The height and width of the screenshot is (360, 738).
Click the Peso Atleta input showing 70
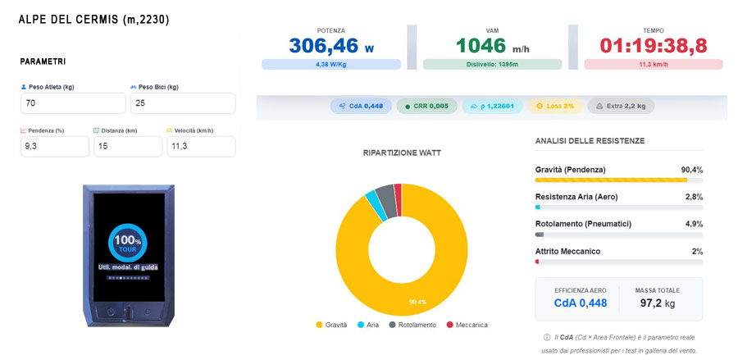coord(73,103)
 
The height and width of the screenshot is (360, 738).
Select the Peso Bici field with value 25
coord(183,103)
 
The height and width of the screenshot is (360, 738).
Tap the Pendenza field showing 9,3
coord(55,146)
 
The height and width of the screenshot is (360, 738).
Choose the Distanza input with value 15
coord(128,146)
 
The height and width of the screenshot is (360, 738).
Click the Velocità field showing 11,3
coord(201,146)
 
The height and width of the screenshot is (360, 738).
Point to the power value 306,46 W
coord(331,46)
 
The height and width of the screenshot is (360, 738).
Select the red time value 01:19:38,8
coord(654,46)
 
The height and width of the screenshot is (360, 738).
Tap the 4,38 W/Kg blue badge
coord(331,65)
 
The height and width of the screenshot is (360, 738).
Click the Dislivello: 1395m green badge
coord(492,65)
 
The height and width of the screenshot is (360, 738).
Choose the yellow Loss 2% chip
coord(555,106)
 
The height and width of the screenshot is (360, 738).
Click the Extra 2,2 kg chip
coord(621,106)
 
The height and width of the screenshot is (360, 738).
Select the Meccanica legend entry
coord(467,325)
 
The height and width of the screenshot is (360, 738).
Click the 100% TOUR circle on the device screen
coord(128,243)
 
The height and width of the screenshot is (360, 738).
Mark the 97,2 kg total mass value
coord(657,303)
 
